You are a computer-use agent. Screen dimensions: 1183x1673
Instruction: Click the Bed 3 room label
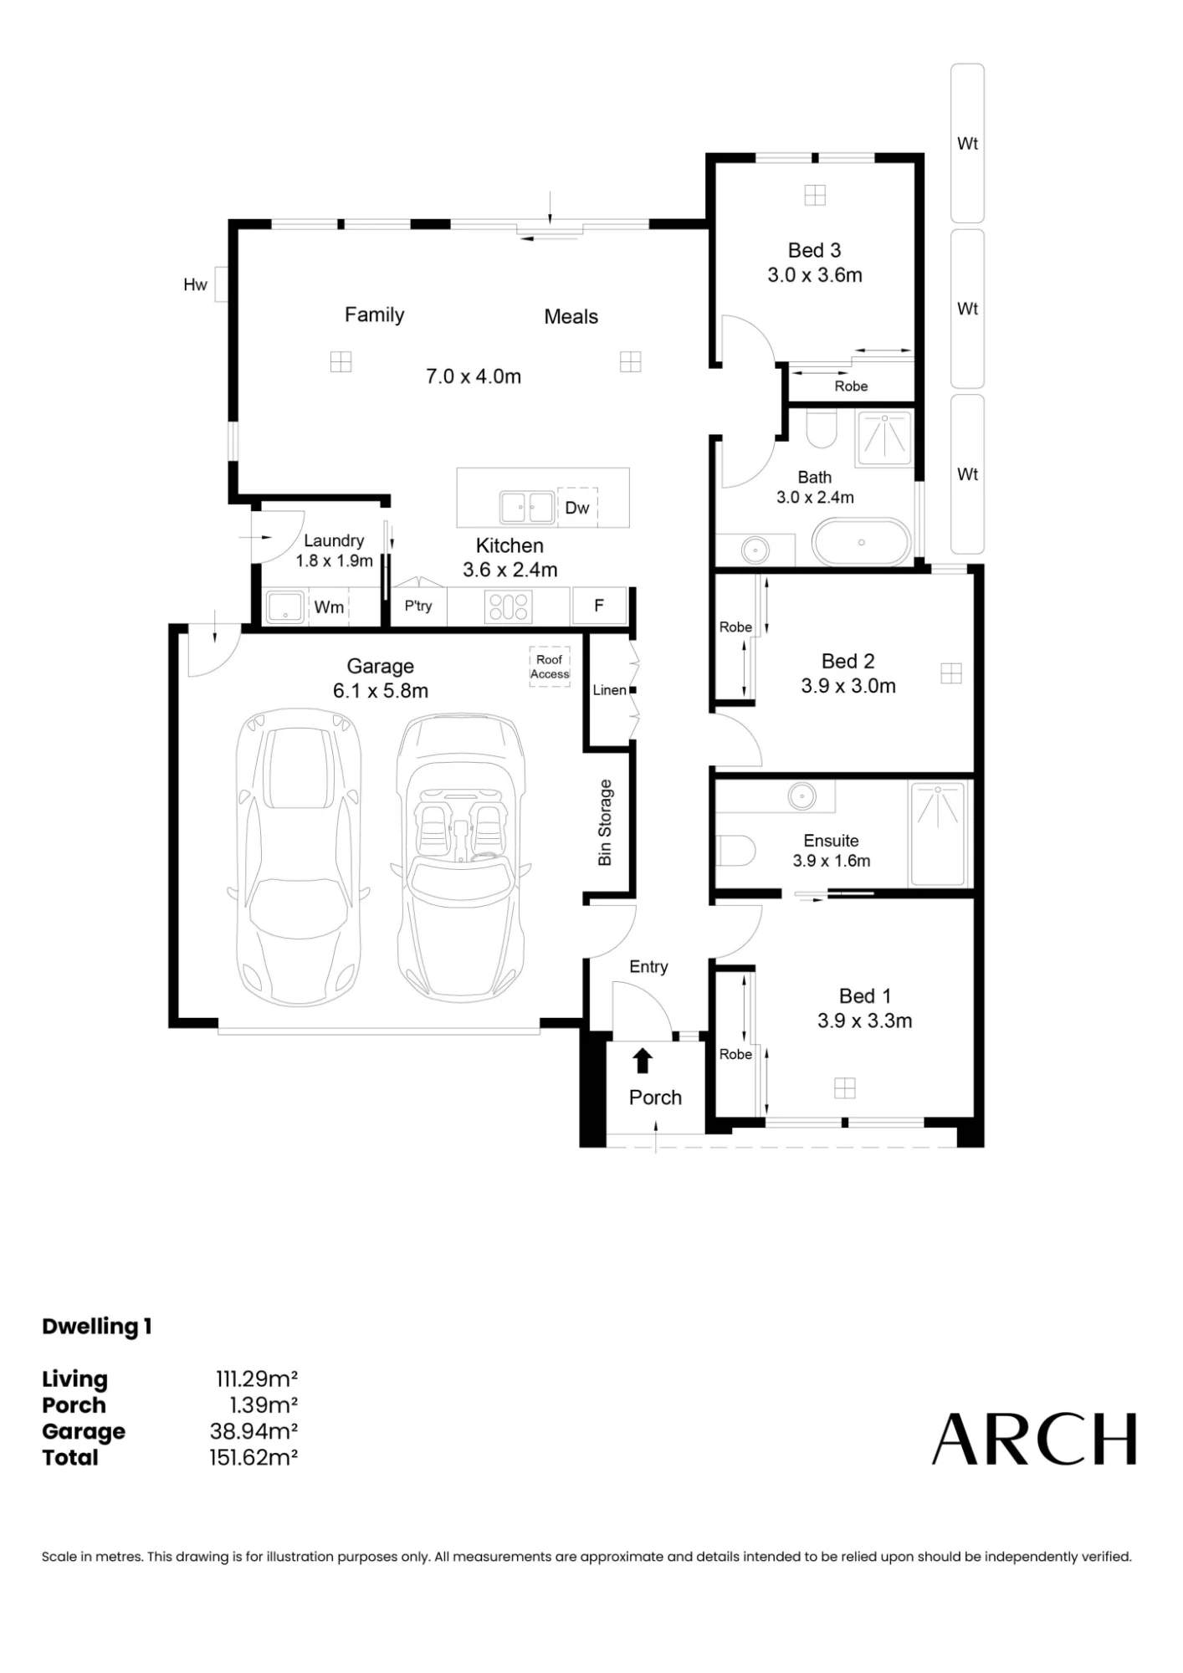click(814, 250)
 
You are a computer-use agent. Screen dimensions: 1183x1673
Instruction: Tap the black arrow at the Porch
click(642, 1061)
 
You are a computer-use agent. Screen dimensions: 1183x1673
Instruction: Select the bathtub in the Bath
click(861, 542)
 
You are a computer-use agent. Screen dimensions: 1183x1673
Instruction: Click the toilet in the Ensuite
click(735, 852)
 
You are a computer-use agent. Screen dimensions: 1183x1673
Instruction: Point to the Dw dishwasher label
click(577, 508)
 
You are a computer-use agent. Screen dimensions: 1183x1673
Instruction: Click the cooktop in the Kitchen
click(509, 606)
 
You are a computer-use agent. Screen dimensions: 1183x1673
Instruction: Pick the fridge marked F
click(599, 606)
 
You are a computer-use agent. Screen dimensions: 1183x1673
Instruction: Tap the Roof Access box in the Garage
click(550, 667)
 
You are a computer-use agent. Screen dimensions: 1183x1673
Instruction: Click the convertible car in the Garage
click(460, 857)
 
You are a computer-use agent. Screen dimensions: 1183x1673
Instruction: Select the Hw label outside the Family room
click(195, 285)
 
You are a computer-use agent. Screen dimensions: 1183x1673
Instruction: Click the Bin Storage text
click(605, 822)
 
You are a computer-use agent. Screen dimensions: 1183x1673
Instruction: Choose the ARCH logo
click(1035, 1439)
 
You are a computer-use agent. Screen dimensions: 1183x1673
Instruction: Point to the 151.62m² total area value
click(253, 1458)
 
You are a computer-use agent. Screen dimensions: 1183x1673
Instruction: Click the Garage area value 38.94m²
click(253, 1431)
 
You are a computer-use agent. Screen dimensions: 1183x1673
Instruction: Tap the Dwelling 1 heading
click(97, 1327)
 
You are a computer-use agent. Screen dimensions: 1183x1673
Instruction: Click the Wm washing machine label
click(329, 607)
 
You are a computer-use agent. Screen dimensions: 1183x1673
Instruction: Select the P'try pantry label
click(418, 606)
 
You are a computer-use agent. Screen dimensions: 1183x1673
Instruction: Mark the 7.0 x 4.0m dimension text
click(474, 376)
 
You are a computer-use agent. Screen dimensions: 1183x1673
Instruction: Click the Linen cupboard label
click(609, 690)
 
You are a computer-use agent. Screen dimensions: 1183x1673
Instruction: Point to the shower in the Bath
click(883, 437)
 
